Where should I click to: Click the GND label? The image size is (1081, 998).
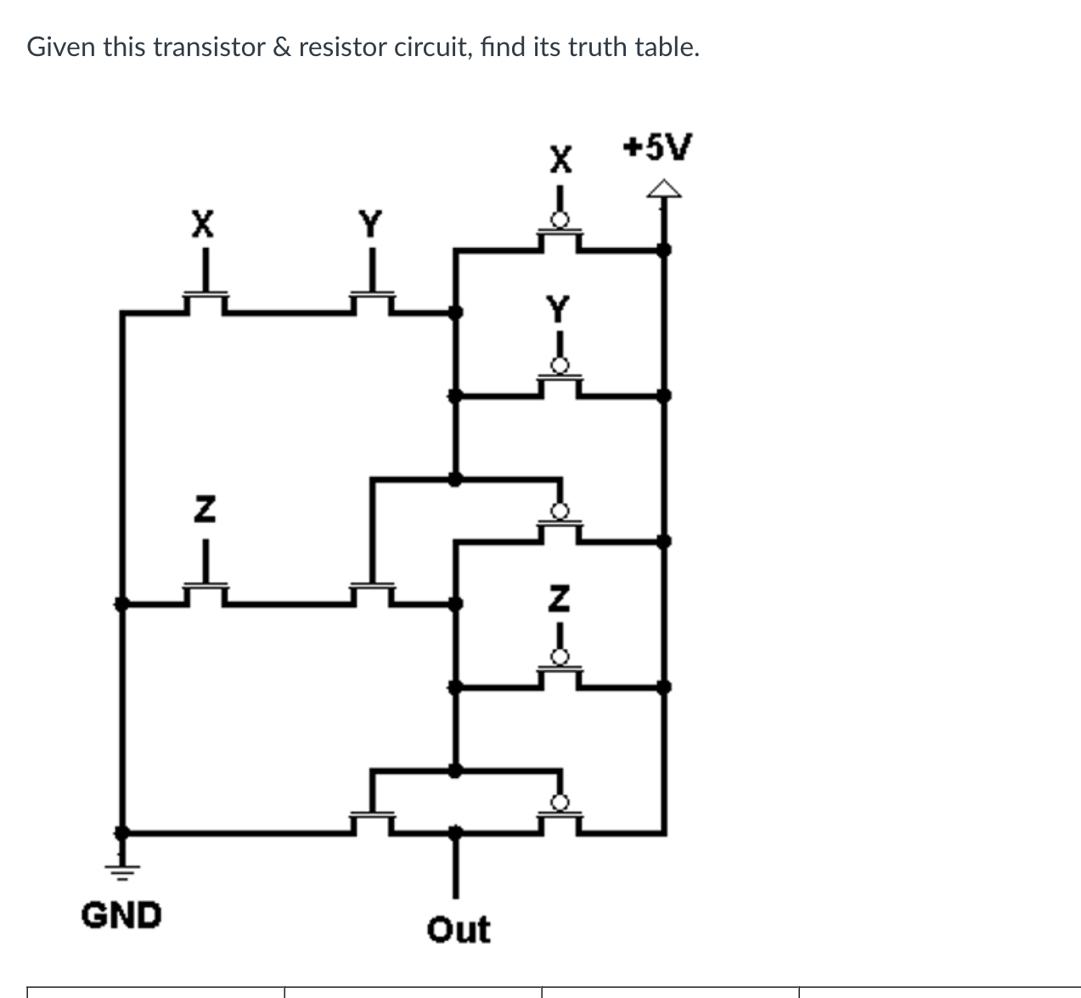121,916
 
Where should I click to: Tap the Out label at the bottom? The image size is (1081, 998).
458,929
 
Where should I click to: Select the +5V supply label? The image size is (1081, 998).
657,147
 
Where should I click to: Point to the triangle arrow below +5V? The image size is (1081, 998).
664,190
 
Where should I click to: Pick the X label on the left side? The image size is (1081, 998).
201,224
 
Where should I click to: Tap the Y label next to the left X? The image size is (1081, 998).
370,224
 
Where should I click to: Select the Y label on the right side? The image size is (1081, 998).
558,308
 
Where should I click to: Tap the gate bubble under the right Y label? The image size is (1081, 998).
560,366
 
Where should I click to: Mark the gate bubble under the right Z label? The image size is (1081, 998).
560,657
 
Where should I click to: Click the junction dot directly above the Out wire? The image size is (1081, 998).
457,832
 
